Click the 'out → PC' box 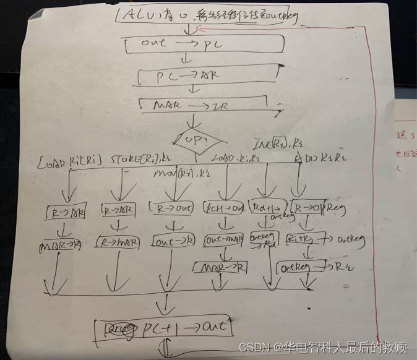coord(204,44)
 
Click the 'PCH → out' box coord(224,209)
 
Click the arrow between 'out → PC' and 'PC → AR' coord(186,60)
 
